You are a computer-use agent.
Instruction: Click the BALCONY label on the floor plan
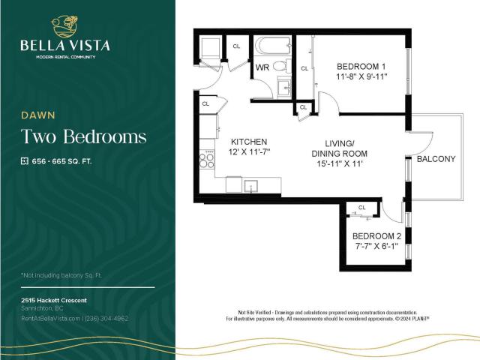tap(436, 159)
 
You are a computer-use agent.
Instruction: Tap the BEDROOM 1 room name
tap(361, 66)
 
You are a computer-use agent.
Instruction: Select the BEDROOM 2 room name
tap(377, 236)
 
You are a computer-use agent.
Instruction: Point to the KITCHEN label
tap(249, 142)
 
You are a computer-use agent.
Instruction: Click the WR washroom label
tap(262, 67)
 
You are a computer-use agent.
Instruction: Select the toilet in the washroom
tap(280, 67)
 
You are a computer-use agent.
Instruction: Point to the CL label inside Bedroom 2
tap(361, 207)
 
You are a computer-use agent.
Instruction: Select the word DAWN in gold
tap(34, 115)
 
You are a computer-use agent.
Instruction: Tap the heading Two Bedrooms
tap(82, 136)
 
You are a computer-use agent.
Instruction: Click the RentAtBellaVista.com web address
tap(51, 318)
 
